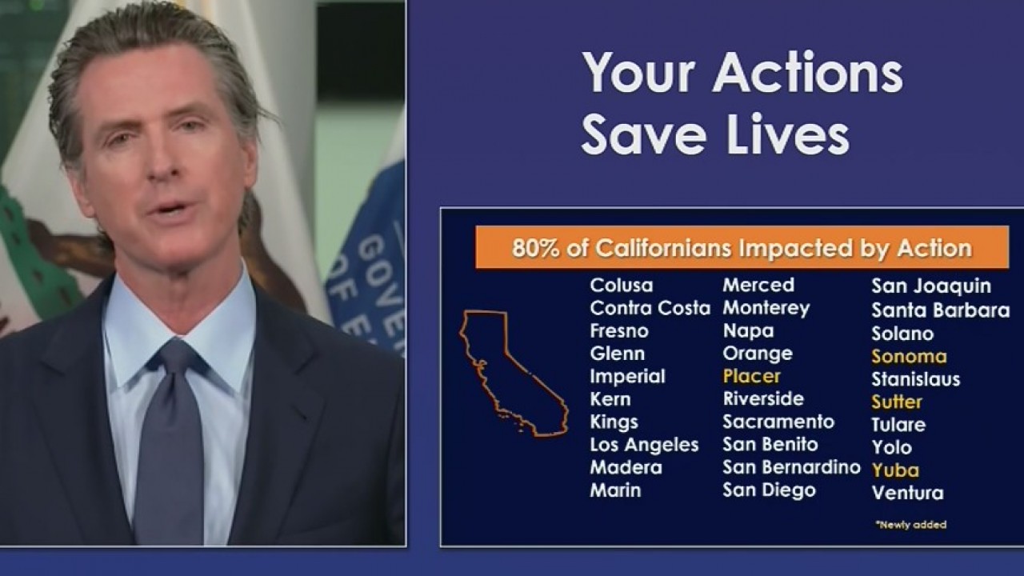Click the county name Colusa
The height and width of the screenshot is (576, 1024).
click(x=621, y=286)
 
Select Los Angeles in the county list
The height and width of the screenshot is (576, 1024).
click(x=644, y=445)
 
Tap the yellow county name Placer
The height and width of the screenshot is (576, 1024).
click(x=751, y=376)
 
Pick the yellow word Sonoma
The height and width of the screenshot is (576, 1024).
click(x=909, y=357)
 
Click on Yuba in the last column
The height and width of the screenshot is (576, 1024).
click(x=895, y=470)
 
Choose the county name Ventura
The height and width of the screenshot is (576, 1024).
click(x=907, y=493)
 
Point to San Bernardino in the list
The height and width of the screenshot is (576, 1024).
click(x=791, y=467)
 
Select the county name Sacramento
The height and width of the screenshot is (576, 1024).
click(x=778, y=422)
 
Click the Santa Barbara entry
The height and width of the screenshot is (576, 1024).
click(x=940, y=310)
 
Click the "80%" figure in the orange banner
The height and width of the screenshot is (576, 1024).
click(x=532, y=248)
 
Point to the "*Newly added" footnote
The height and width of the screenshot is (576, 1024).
click(x=910, y=525)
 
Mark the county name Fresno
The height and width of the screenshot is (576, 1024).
click(x=618, y=331)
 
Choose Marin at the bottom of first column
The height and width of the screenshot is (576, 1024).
click(x=615, y=490)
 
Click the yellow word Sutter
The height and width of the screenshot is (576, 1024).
click(x=897, y=402)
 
